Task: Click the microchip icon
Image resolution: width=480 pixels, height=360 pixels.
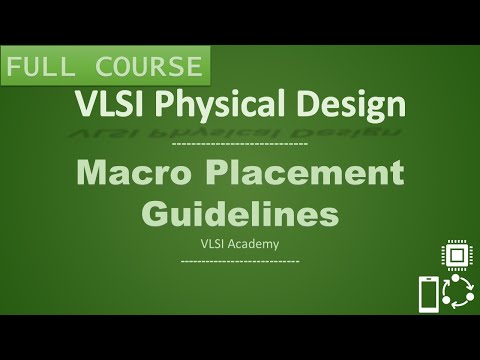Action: [x=457, y=256]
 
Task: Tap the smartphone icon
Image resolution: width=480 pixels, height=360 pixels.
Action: [x=426, y=294]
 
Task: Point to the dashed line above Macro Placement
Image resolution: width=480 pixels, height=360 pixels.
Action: [x=239, y=145]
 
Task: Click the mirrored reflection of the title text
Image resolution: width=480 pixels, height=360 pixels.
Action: [x=239, y=130]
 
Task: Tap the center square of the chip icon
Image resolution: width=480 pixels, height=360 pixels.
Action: [x=457, y=256]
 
